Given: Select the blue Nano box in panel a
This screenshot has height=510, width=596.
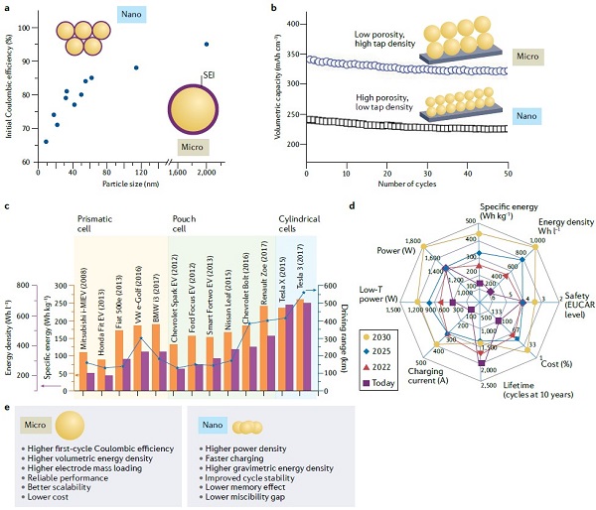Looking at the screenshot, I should (131, 17).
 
